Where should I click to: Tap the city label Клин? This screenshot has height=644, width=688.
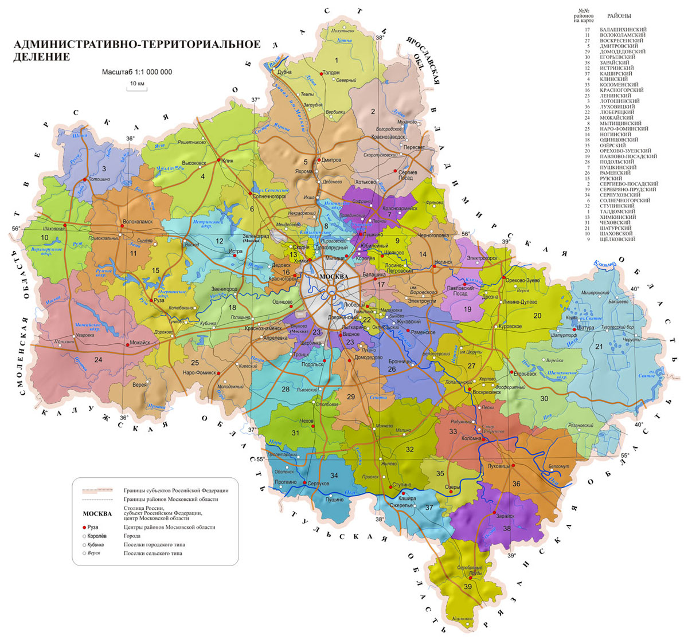click(x=228, y=162)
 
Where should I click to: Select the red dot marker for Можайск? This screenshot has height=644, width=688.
click(x=126, y=344)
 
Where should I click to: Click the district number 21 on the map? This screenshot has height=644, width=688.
click(x=599, y=346)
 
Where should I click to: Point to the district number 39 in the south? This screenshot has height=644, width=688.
click(x=468, y=587)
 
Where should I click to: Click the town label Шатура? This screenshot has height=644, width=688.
click(x=586, y=328)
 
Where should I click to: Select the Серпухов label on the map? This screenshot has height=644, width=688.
click(x=319, y=484)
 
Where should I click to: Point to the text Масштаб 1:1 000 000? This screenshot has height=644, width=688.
click(x=137, y=72)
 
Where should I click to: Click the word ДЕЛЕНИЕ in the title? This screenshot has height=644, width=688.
click(x=41, y=57)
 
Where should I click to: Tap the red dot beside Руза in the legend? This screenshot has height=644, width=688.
click(x=84, y=527)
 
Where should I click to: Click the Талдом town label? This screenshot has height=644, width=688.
click(x=331, y=73)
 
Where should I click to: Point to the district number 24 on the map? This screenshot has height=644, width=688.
click(x=98, y=359)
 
